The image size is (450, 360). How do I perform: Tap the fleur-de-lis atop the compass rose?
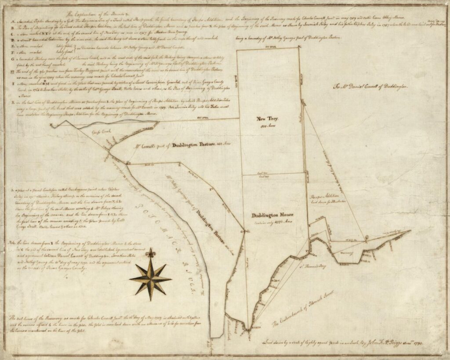150,253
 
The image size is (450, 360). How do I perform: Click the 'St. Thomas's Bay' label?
312,267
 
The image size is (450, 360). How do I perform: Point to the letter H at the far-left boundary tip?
51,125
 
